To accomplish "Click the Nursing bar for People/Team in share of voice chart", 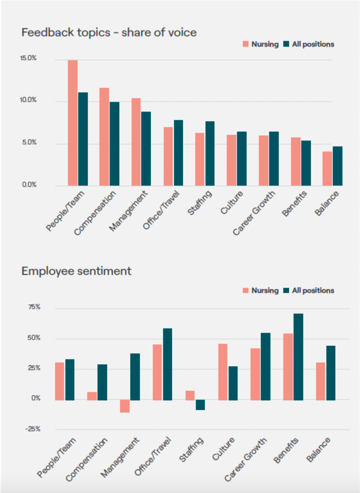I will point(72,123).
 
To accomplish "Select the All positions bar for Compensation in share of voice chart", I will point(114,144).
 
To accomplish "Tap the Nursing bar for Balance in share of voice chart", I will point(327,169).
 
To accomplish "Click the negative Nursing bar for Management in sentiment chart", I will point(125,406).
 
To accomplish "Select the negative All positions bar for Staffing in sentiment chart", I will point(200,405).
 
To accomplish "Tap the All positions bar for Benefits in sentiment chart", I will point(298,357).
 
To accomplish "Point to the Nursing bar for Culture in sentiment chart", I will point(223,372).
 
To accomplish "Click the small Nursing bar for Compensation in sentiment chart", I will point(92,396).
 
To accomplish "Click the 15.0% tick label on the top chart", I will point(28,59).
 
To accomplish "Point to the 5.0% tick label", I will point(29,143).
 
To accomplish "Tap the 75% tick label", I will point(34,307).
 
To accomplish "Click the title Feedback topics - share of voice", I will point(109,32).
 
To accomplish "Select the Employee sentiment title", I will point(76,271).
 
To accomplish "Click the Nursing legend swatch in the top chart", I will point(246,44).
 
